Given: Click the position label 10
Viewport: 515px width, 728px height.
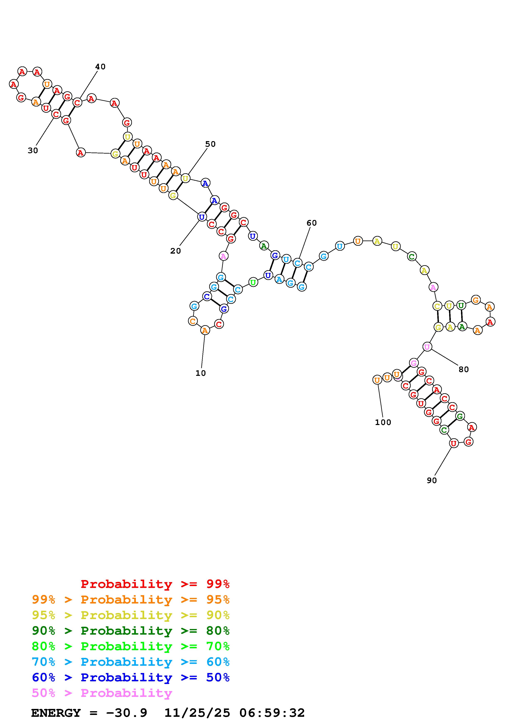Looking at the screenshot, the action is [200, 373].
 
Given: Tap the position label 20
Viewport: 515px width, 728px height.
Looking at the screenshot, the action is [176, 251].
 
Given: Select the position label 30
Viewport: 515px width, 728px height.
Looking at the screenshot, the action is [33, 151].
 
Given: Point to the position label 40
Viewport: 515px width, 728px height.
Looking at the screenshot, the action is [100, 67].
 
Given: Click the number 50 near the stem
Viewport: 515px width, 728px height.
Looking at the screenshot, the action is [210, 144].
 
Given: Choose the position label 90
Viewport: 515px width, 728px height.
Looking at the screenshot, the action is [431, 480].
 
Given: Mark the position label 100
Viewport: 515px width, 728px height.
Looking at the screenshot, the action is [383, 422].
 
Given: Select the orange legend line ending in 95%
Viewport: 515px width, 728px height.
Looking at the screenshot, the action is [131, 600].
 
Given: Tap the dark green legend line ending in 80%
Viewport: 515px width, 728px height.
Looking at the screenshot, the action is [131, 631].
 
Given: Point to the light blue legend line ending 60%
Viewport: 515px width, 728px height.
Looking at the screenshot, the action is [131, 662].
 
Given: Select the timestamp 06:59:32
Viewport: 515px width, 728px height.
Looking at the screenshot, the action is [272, 713].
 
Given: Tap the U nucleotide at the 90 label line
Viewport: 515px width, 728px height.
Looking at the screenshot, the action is [454, 443].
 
